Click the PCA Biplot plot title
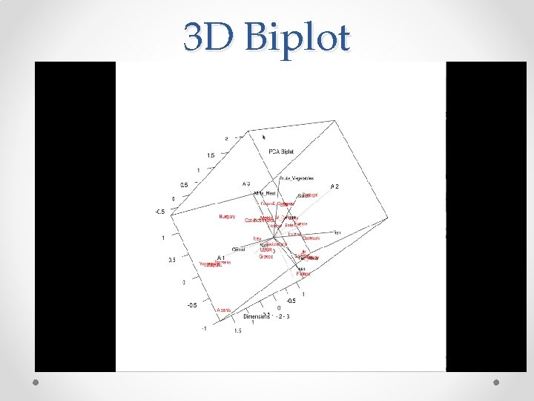point(281,151)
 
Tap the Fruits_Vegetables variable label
point(297,178)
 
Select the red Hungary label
point(227,217)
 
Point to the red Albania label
point(225,310)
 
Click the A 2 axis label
point(334,186)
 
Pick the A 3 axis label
point(246,183)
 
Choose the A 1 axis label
point(221,257)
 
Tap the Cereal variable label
point(240,249)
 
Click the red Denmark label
point(311,238)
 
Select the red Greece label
point(266,256)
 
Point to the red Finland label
point(303,274)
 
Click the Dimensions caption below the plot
point(256,316)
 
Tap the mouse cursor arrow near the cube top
point(263,137)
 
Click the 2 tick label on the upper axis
point(227,138)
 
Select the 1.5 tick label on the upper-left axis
point(211,155)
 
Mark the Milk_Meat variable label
point(265,193)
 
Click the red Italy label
point(257,238)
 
